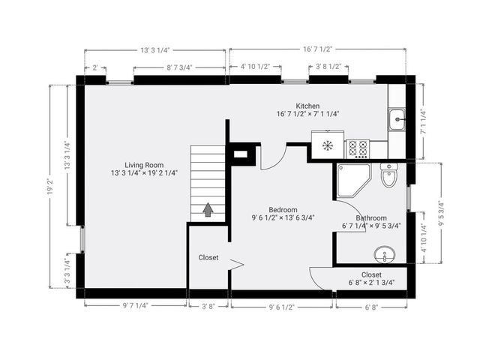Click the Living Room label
point(144,165)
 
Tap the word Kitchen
point(307,106)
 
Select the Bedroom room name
point(283,210)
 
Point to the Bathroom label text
point(371,217)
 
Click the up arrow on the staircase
point(208,210)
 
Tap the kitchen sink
point(397,117)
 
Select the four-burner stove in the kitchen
point(358,148)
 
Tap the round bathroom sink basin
point(386,256)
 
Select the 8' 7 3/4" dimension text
point(179,67)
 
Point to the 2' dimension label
point(94,67)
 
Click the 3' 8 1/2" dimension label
point(328,67)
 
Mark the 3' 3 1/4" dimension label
point(67,272)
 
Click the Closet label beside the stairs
point(208,257)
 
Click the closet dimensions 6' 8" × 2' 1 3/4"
point(371,283)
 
